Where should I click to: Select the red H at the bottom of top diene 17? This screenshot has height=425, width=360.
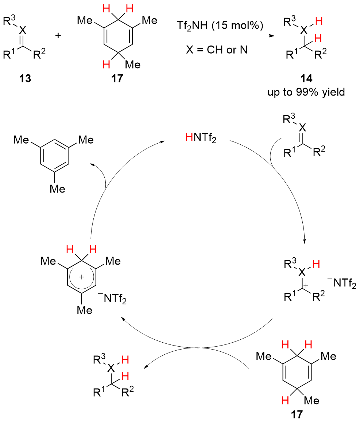click(x=105, y=65)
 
